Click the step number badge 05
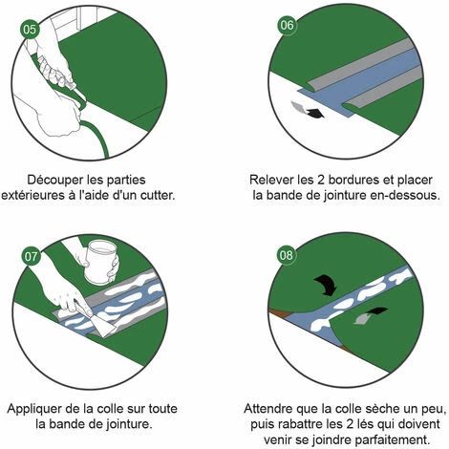tap(30, 30)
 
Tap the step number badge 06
tap(288, 25)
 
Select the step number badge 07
tap(31, 256)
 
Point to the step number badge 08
tap(287, 255)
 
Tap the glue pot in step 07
tap(101, 262)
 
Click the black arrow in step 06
tap(314, 114)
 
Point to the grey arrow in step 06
tap(298, 107)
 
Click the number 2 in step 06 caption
tap(321, 180)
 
